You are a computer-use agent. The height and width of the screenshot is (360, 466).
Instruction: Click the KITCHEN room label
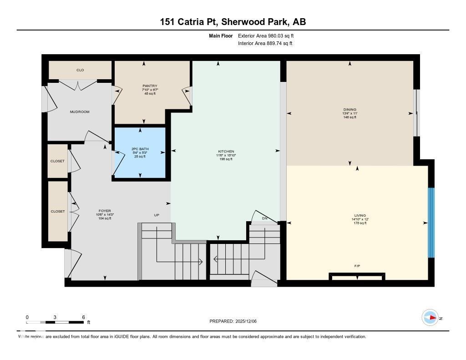click(x=226, y=152)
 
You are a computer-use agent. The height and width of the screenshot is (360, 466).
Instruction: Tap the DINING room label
click(x=349, y=109)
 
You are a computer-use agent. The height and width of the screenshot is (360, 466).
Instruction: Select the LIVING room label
click(x=356, y=216)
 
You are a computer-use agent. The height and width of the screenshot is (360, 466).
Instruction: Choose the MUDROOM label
click(x=79, y=112)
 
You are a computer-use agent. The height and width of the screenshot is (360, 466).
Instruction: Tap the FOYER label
click(x=105, y=211)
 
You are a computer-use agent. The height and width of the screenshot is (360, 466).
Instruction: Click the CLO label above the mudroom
click(x=80, y=70)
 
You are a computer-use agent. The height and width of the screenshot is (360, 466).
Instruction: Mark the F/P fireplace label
click(x=357, y=266)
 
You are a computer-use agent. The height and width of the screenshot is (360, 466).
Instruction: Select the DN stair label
click(x=265, y=219)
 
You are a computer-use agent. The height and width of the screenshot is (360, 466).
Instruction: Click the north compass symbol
click(x=430, y=318)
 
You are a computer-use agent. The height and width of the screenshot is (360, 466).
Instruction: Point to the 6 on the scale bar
click(x=83, y=317)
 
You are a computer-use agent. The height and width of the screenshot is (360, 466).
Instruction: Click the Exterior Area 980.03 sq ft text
click(x=269, y=35)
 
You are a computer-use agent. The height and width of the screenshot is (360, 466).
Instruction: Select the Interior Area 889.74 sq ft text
click(x=265, y=44)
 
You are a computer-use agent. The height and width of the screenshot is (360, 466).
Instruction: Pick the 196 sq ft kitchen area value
click(x=226, y=159)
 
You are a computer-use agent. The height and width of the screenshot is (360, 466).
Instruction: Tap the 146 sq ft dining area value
click(x=349, y=117)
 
